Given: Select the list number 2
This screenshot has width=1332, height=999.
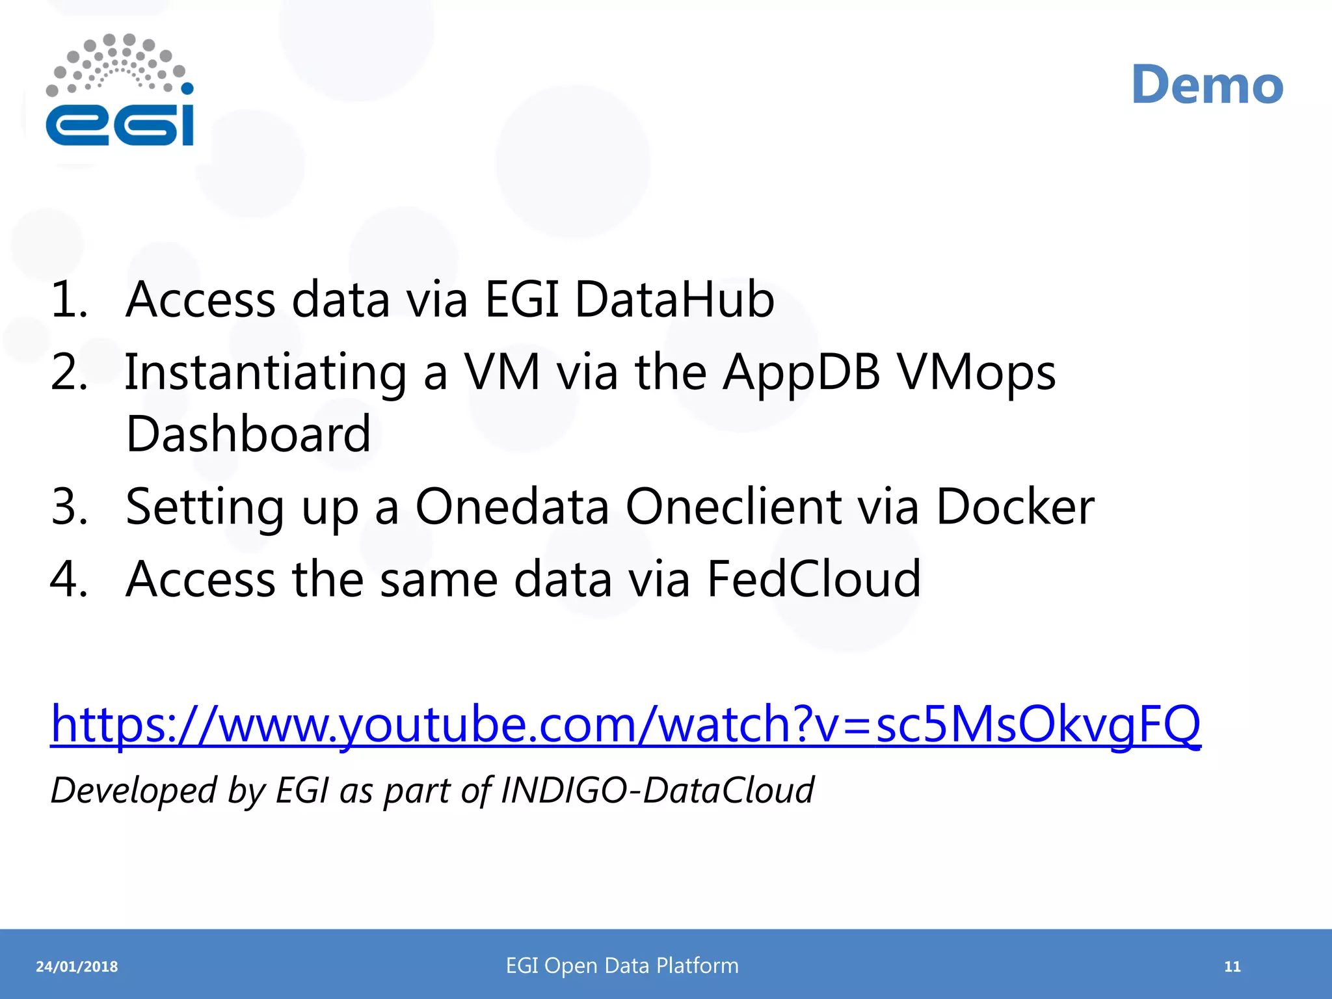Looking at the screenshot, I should click(68, 372).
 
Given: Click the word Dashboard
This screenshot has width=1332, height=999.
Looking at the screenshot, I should click(248, 434).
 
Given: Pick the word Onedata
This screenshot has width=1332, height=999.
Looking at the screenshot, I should click(512, 507).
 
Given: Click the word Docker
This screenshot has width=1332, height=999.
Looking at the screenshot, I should click(1015, 507).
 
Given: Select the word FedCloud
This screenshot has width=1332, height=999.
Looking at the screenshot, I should click(814, 578).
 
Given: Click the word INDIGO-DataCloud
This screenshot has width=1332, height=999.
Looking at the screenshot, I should click(657, 790).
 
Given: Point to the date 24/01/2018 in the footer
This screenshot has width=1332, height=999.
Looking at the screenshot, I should click(77, 966).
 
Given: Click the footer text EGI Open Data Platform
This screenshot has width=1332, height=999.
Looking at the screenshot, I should click(622, 966).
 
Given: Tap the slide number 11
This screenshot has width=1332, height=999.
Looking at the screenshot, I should click(1232, 966).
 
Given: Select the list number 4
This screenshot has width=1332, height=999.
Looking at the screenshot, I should click(68, 578).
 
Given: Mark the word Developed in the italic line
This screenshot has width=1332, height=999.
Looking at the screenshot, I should click(133, 790).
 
